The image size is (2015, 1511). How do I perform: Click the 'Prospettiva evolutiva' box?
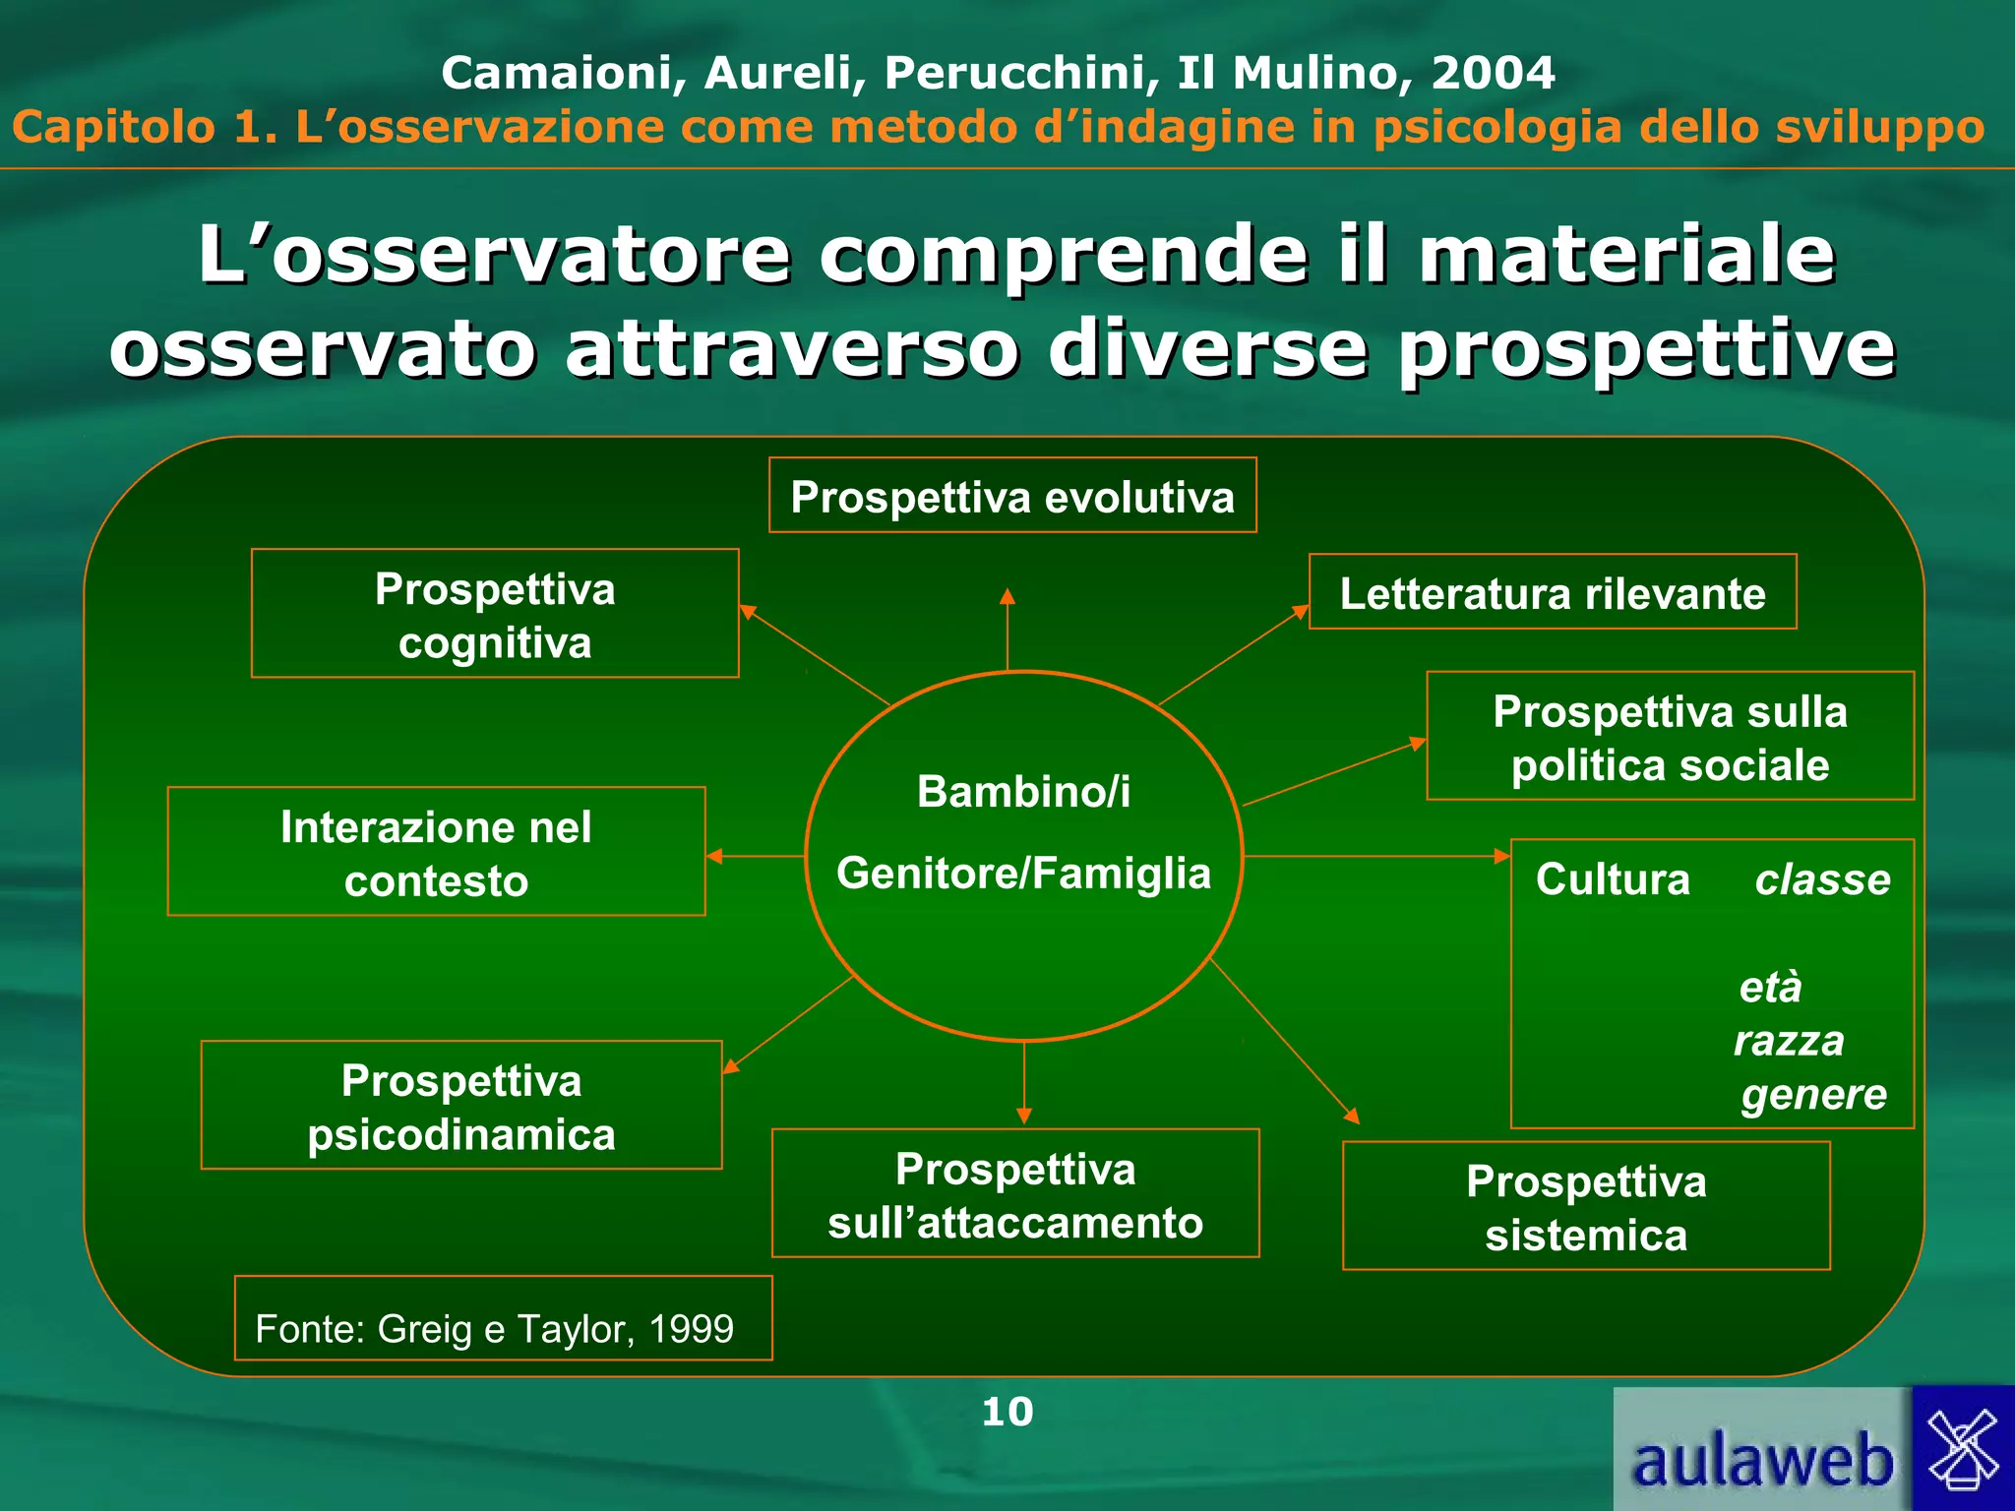[1012, 496]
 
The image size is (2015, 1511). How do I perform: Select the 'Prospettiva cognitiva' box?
[495, 614]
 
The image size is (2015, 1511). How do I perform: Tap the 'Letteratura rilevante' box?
[1553, 592]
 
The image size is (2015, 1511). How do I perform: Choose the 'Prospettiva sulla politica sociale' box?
[1670, 737]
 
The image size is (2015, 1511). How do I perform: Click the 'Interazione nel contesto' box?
[436, 852]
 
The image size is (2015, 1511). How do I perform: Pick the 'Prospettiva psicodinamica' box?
[461, 1106]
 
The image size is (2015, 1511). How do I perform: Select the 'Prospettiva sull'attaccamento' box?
[1015, 1194]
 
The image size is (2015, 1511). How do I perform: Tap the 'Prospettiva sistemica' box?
[1586, 1207]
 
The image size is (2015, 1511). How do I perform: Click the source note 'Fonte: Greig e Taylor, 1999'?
[495, 1328]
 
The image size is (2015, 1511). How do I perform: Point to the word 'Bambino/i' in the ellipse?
[1023, 791]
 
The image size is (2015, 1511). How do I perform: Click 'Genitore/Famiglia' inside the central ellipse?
[1023, 873]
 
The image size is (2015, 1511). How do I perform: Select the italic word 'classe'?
[1822, 879]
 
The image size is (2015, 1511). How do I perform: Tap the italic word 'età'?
[1770, 987]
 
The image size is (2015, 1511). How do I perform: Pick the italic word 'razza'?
[1789, 1040]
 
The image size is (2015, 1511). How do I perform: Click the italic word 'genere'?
[1813, 1094]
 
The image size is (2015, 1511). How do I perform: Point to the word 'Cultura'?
[1613, 879]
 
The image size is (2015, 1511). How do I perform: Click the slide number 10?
[1007, 1412]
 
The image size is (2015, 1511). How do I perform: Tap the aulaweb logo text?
[1762, 1461]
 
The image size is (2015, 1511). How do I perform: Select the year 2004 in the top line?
[1493, 73]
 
